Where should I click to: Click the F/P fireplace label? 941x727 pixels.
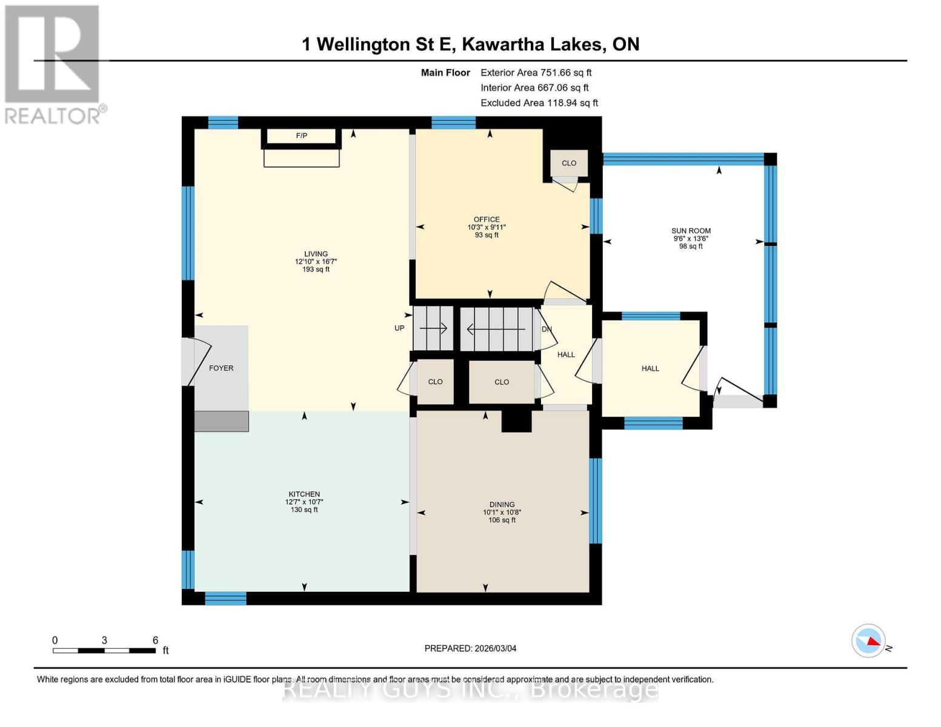click(301, 136)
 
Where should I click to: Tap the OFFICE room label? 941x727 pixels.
click(487, 219)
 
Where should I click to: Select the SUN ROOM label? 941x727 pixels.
click(691, 231)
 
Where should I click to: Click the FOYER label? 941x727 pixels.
click(221, 368)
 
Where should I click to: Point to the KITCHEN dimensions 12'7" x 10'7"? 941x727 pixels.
click(304, 502)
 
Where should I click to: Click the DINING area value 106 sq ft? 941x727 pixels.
click(502, 520)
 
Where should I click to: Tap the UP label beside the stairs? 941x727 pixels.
click(399, 328)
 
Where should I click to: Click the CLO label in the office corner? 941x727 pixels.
click(569, 163)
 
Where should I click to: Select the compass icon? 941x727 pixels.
click(868, 640)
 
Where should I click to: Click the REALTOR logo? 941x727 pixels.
click(53, 64)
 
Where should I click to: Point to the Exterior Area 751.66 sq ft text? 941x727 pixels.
click(536, 73)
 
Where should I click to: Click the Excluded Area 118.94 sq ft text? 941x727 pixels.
click(539, 103)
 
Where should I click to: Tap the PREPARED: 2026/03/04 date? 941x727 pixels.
click(470, 649)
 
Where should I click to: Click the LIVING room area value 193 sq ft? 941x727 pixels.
click(316, 270)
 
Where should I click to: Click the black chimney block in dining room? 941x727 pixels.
click(516, 421)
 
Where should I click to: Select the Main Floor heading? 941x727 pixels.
click(445, 73)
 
